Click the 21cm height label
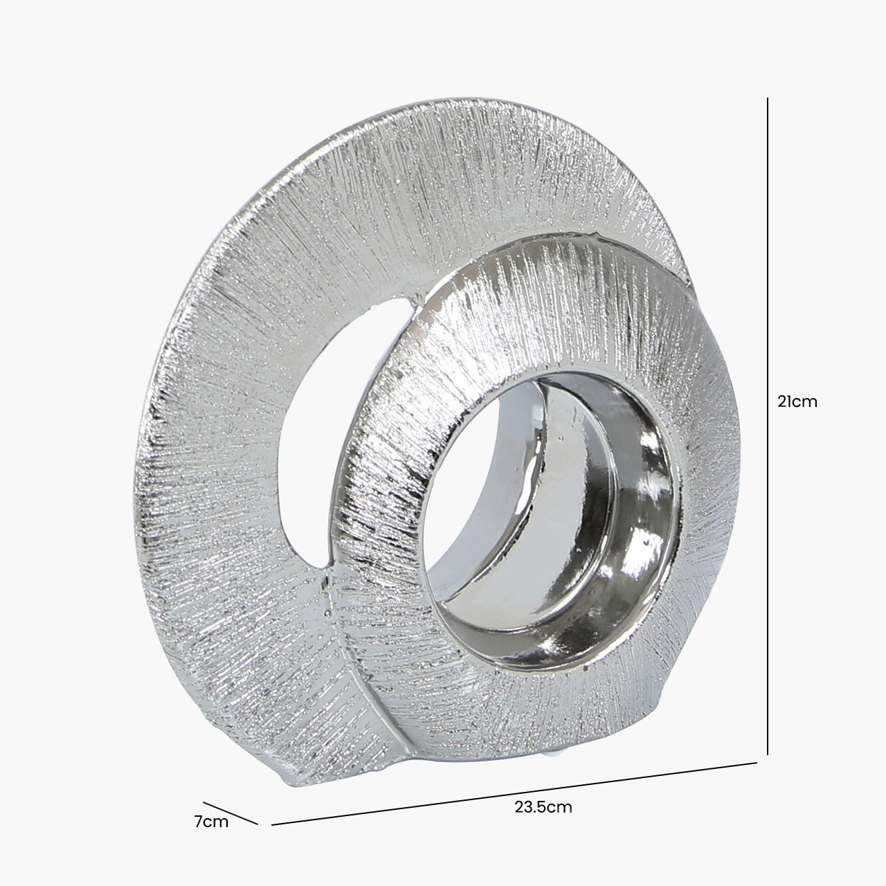797,401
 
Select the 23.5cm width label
543,806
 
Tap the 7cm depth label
211,822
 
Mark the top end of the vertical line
768,98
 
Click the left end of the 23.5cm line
272,824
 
